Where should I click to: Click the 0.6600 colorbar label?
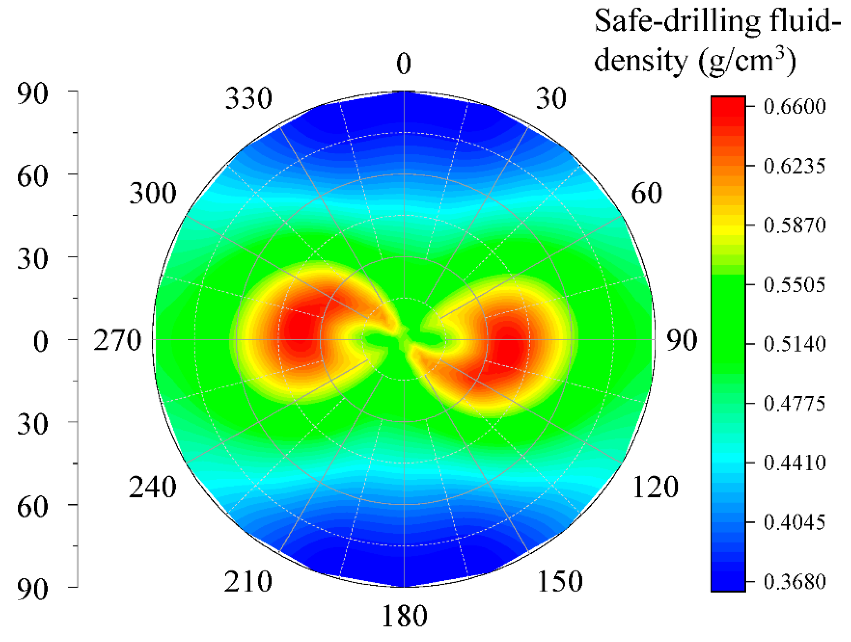794,106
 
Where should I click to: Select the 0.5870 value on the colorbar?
794,225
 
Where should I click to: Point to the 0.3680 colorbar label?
794,582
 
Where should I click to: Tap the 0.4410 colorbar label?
794,463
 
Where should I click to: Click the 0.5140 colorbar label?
794,344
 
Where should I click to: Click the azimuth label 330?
249,99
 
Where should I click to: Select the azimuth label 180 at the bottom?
404,616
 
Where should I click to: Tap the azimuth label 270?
117,341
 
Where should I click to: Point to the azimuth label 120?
655,488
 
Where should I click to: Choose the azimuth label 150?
560,582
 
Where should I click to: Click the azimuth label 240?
152,488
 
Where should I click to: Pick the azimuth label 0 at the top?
404,64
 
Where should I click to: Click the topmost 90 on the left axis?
33,94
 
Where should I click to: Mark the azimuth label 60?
647,193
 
